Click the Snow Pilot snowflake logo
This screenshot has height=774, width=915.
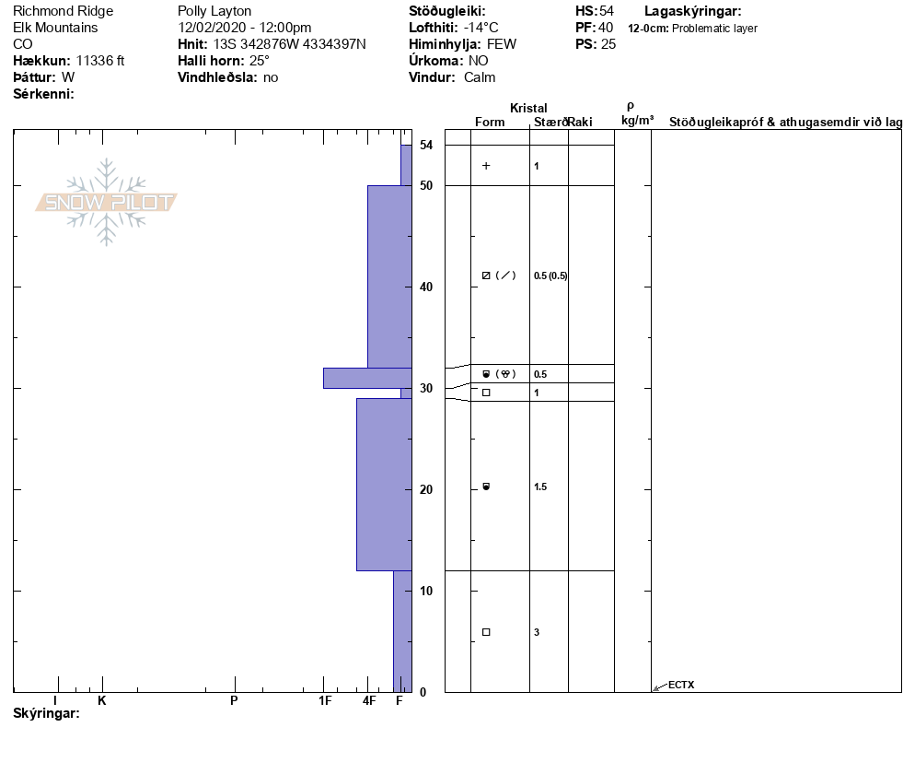pos(106,202)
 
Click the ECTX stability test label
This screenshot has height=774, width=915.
pos(681,685)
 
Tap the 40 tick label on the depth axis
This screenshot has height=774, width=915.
pos(426,287)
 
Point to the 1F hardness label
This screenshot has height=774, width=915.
pos(325,700)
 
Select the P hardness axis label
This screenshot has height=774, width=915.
pos(234,700)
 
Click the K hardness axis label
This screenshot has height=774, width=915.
pos(102,700)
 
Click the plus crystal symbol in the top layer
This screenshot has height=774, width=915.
pos(486,166)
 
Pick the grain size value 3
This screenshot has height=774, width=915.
pos(537,632)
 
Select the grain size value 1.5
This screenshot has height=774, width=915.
pos(540,487)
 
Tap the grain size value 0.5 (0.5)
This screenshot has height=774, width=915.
pos(550,276)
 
